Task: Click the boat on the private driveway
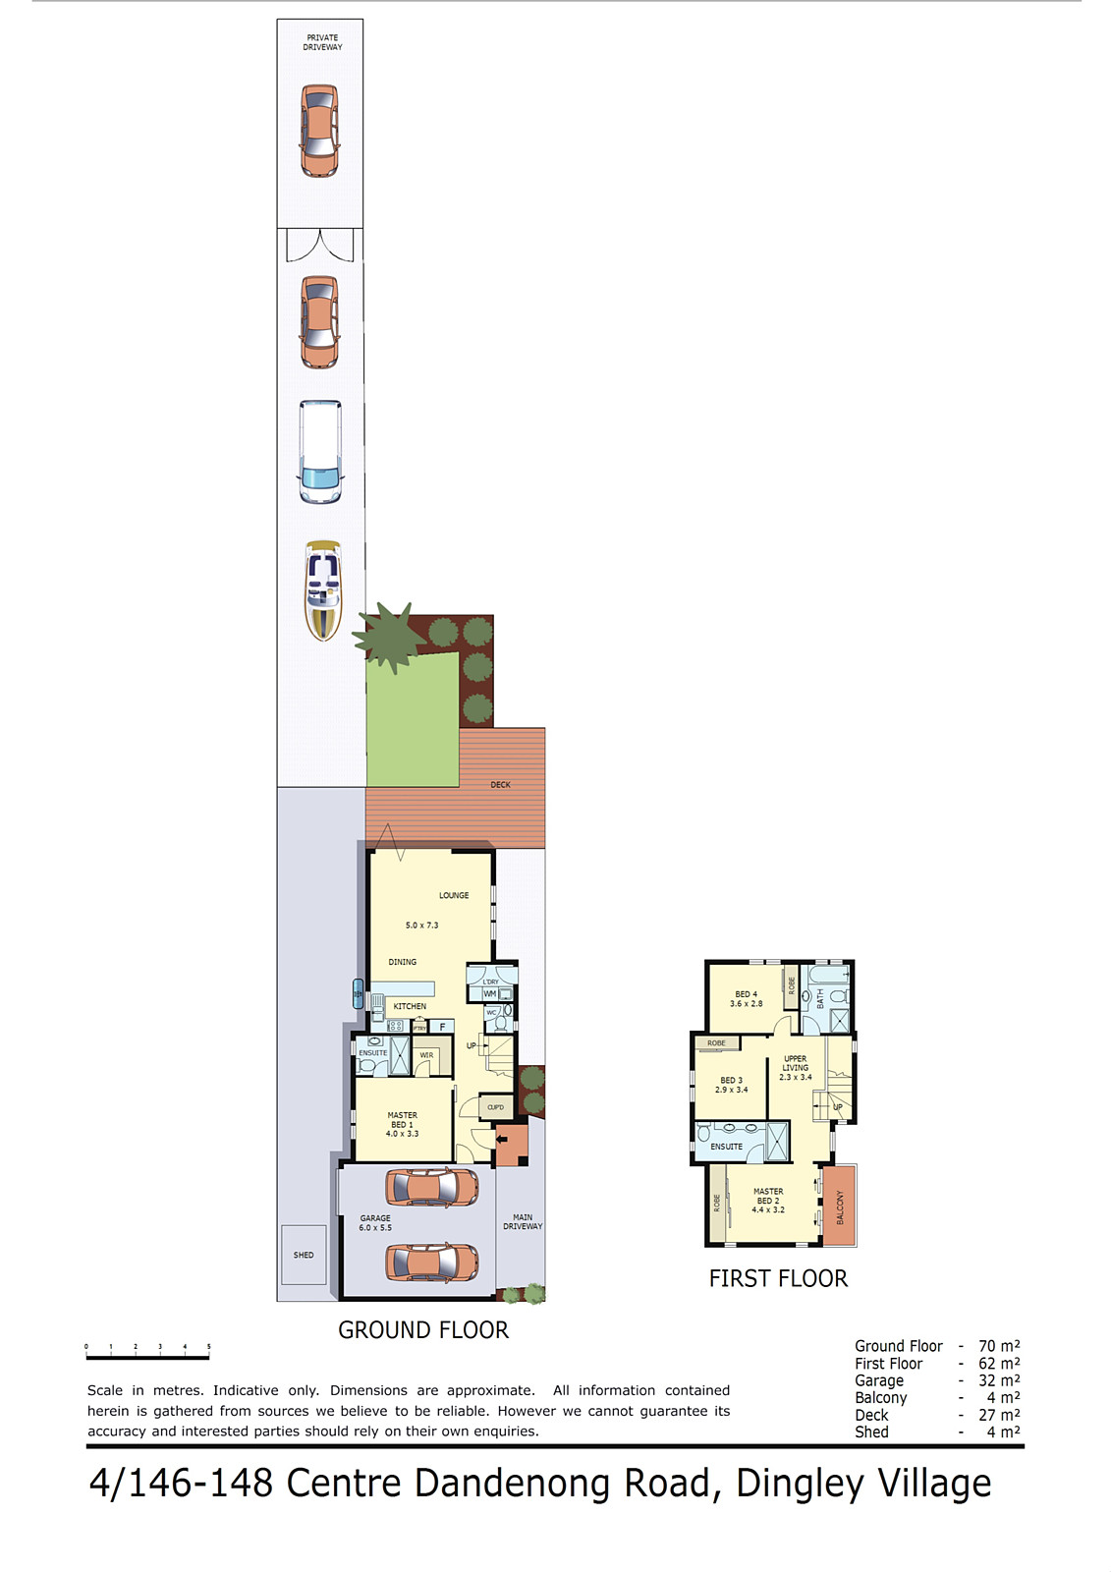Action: point(322,590)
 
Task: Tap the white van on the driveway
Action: point(320,452)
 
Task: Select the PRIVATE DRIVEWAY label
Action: point(322,42)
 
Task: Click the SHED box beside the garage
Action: point(304,1255)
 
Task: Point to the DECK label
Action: point(500,785)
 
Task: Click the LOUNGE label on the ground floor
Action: point(454,896)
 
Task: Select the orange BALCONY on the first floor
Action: point(839,1206)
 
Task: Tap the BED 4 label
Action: point(746,999)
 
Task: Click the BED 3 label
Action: point(731,1085)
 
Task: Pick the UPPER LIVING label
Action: point(796,1068)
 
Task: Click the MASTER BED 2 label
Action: point(768,1201)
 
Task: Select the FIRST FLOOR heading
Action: point(778,1278)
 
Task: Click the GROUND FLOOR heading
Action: point(423,1330)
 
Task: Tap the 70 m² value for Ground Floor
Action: point(998,1346)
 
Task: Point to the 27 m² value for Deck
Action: point(998,1415)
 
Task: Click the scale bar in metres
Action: point(147,1357)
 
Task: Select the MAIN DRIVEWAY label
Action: point(523,1221)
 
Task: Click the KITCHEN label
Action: point(410,1006)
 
